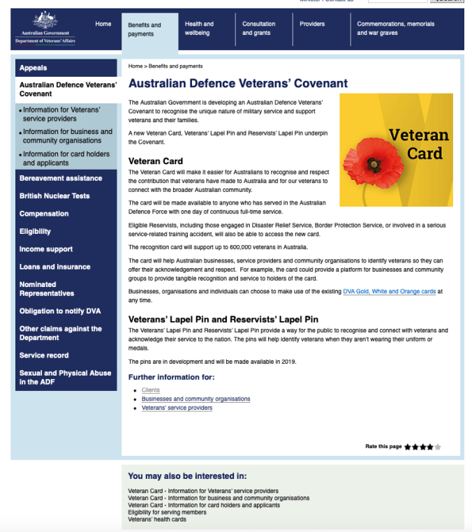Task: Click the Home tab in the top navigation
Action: pos(103,24)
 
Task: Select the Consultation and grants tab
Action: pos(258,29)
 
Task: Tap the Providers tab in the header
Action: pos(312,24)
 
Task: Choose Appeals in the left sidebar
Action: pos(34,68)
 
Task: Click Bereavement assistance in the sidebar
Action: pos(61,178)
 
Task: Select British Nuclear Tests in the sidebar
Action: pos(54,196)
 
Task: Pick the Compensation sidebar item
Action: pos(44,214)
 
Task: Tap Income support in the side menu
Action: pos(46,249)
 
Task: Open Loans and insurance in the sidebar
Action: pos(54,267)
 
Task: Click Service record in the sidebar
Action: pos(44,355)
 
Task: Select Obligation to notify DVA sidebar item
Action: pos(60,311)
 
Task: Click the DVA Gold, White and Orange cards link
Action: pos(388,291)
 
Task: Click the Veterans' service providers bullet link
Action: pos(177,408)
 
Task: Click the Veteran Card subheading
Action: pos(156,161)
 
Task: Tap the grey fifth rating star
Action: pos(438,447)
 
